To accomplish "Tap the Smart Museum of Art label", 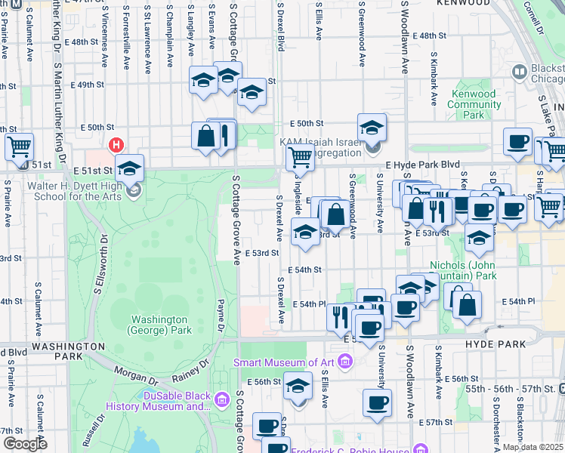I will click(284, 362).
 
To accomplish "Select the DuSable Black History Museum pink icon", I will click(222, 398).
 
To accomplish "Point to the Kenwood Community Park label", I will click(474, 104).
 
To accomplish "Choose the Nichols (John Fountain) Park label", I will click(462, 270).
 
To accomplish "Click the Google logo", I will click(24, 444).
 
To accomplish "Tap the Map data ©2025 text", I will click(532, 447).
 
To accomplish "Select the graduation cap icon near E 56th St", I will click(298, 386).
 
